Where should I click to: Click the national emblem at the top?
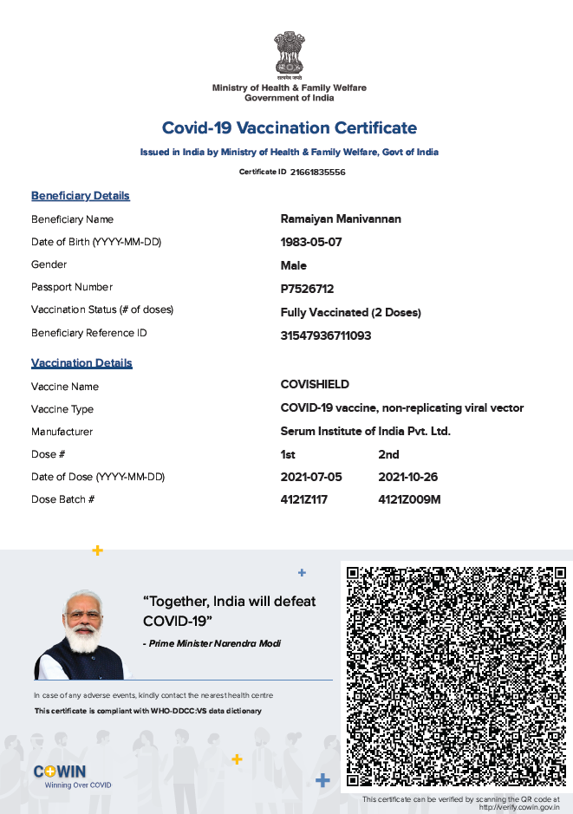click(289, 54)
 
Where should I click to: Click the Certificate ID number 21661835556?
click(317, 173)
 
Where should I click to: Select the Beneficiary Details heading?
click(81, 196)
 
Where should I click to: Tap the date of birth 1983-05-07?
click(311, 242)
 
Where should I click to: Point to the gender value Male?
click(294, 265)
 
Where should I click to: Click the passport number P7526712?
click(307, 289)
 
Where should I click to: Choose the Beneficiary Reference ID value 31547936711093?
click(326, 335)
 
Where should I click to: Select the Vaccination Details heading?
click(81, 363)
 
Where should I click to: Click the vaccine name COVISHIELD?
click(315, 384)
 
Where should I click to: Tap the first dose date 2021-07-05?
click(311, 477)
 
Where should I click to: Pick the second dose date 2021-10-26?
click(408, 477)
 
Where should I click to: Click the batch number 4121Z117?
click(304, 500)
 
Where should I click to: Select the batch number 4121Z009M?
click(410, 500)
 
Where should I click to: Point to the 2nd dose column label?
click(388, 454)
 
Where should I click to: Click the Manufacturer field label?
click(62, 432)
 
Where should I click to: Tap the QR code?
click(453, 675)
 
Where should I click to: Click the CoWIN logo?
click(60, 772)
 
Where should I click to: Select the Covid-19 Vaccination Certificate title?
click(290, 128)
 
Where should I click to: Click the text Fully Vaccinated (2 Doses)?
click(351, 312)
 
